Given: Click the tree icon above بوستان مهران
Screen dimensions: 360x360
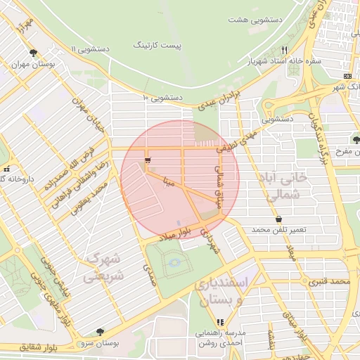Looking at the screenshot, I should [33, 53].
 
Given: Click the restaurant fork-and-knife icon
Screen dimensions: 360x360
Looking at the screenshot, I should [284, 50].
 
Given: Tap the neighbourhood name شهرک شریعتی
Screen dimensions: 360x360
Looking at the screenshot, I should [104, 269].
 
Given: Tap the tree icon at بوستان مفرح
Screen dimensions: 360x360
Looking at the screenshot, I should [356, 139].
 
